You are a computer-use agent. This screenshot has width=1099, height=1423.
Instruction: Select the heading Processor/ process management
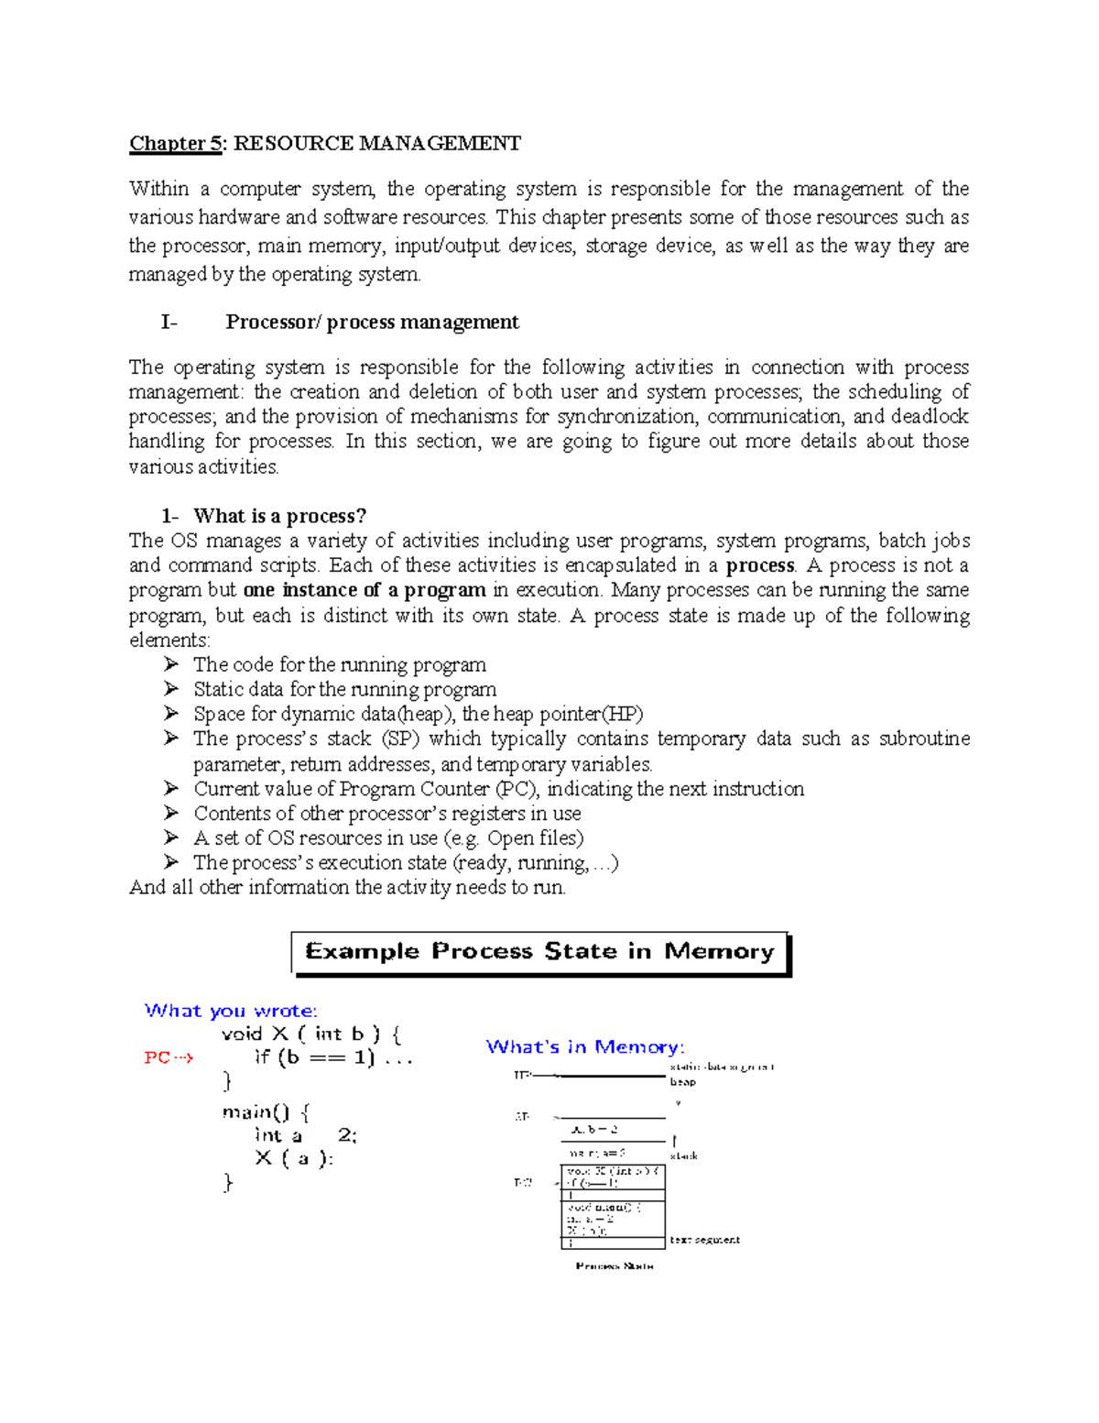tap(372, 322)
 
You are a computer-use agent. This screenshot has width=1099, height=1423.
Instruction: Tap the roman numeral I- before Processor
tap(169, 322)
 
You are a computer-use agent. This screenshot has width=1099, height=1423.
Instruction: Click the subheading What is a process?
tap(279, 516)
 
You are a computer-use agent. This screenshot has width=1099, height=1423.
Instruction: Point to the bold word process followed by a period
tap(759, 565)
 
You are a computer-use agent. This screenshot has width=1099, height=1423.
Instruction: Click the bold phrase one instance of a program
tap(365, 590)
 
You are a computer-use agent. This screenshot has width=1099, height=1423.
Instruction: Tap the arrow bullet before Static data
tap(171, 689)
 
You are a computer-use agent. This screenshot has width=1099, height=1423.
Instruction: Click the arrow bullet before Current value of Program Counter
tap(171, 788)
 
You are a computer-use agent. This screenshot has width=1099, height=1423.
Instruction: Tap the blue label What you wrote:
tap(231, 1011)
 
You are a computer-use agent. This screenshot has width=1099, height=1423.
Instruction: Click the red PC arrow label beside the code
tap(169, 1057)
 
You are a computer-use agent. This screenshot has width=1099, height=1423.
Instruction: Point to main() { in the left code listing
tap(266, 1112)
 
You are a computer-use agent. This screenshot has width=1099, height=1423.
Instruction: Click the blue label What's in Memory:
tap(584, 1046)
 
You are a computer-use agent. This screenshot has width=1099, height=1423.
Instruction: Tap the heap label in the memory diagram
tap(682, 1082)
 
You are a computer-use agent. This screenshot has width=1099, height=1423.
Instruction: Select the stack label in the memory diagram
tap(683, 1156)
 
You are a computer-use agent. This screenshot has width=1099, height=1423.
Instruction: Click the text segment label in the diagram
tap(704, 1240)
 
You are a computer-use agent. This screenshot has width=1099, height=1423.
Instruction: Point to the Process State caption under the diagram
tap(614, 1265)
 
